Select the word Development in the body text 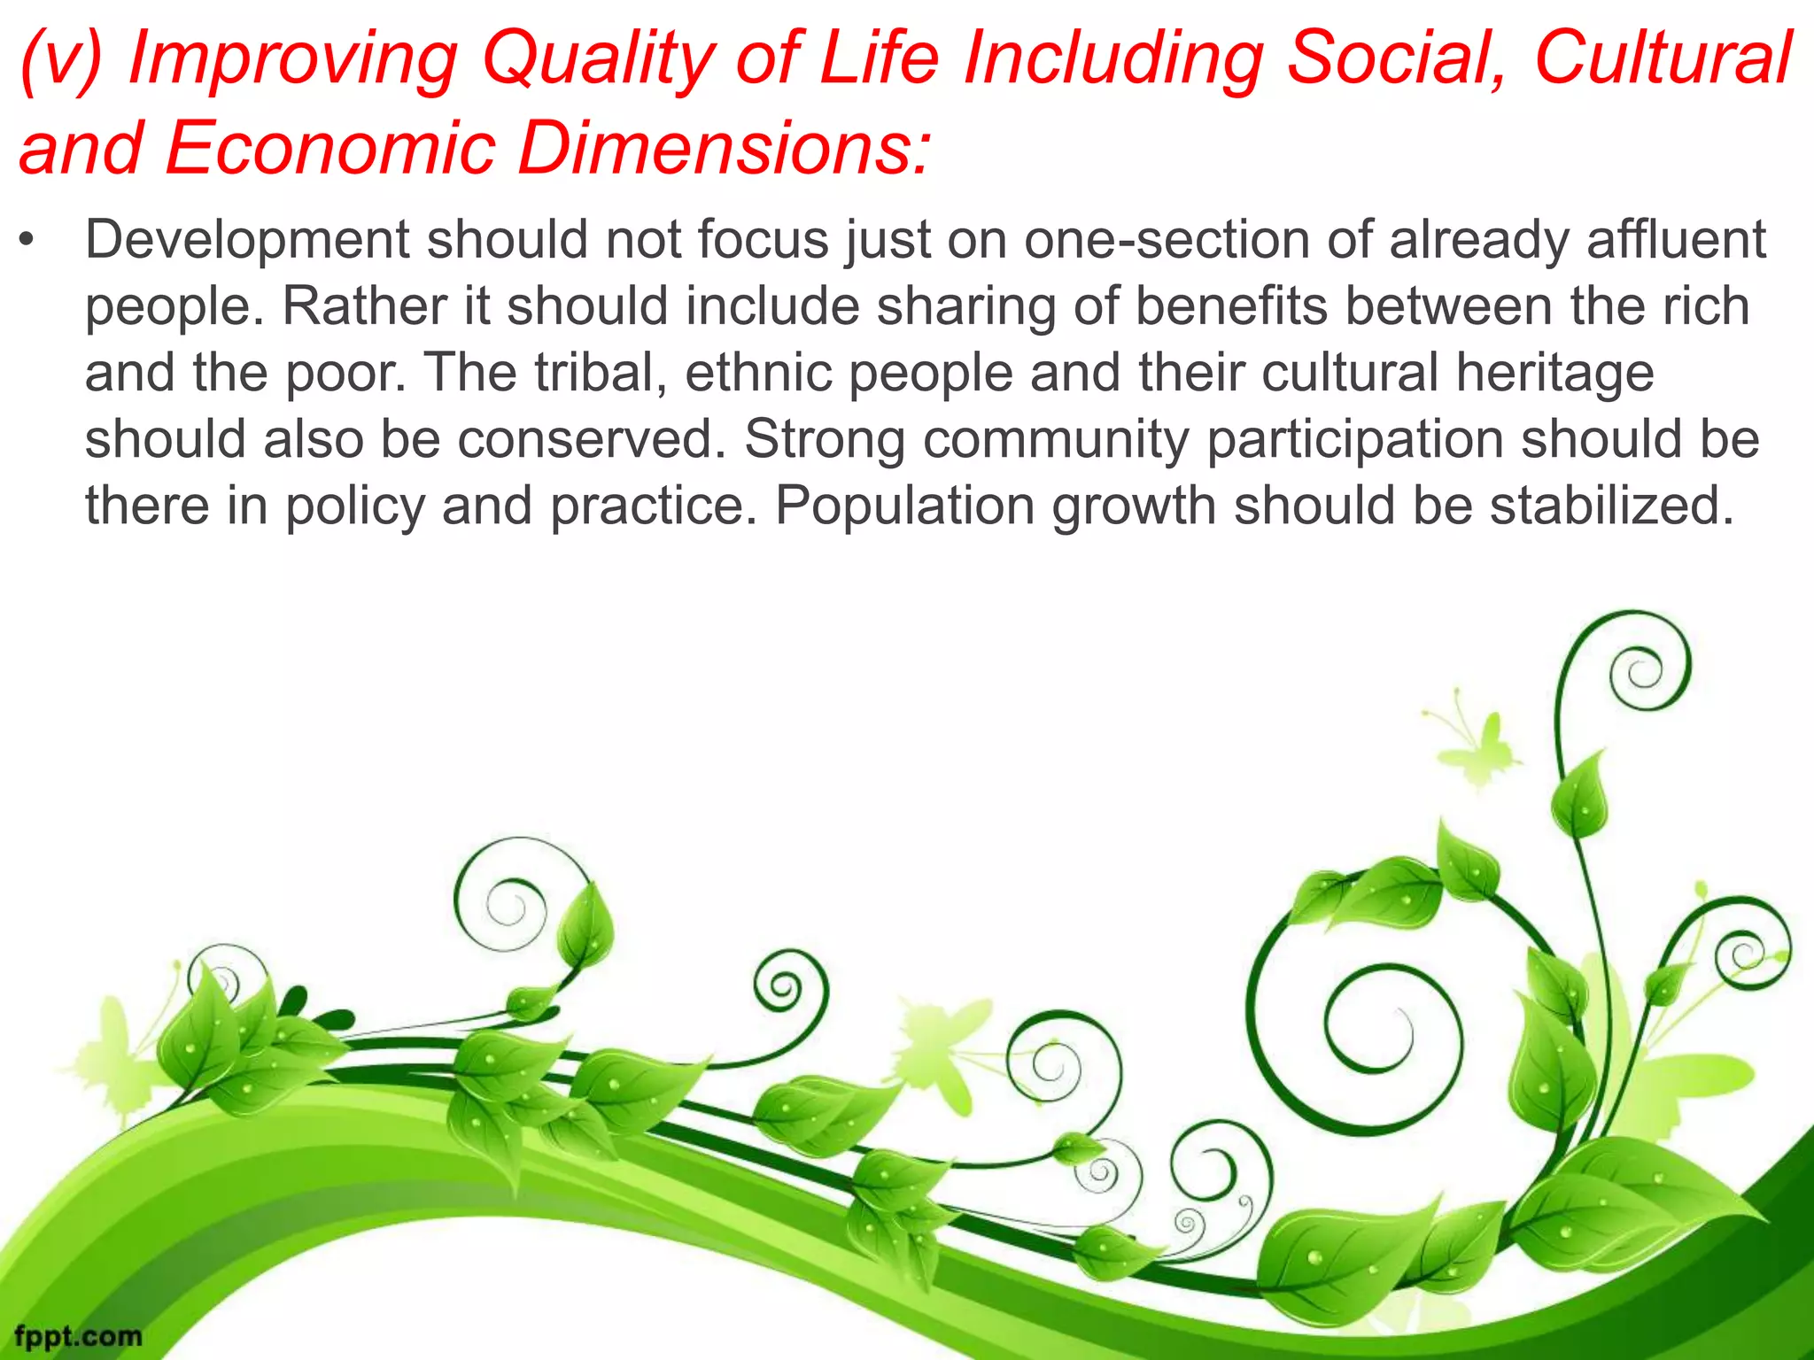pyautogui.click(x=247, y=242)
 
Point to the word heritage pyautogui.click(x=1554, y=375)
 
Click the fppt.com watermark pyautogui.click(x=78, y=1335)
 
